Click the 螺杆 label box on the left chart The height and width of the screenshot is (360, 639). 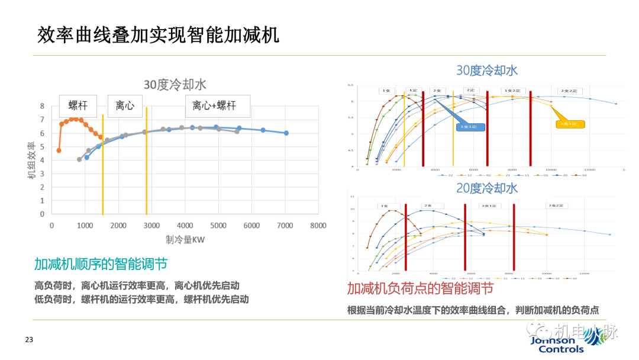click(78, 106)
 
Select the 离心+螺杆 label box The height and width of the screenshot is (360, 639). click(214, 106)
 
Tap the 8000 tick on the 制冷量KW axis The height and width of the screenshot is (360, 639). click(318, 225)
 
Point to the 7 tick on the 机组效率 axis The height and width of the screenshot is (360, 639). click(42, 120)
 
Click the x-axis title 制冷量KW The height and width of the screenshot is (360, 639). click(185, 239)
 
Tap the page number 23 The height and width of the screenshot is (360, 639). click(29, 340)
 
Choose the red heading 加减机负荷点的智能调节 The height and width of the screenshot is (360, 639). click(420, 289)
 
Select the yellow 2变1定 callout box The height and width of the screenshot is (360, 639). click(570, 124)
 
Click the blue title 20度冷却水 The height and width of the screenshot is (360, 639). click(486, 188)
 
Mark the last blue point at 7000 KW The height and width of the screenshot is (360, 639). click(286, 133)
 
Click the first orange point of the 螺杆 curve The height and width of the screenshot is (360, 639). click(59, 150)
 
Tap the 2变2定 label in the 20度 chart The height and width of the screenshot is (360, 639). click(556, 205)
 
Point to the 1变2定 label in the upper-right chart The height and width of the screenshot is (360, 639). click(504, 91)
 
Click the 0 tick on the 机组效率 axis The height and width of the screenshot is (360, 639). click(42, 214)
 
